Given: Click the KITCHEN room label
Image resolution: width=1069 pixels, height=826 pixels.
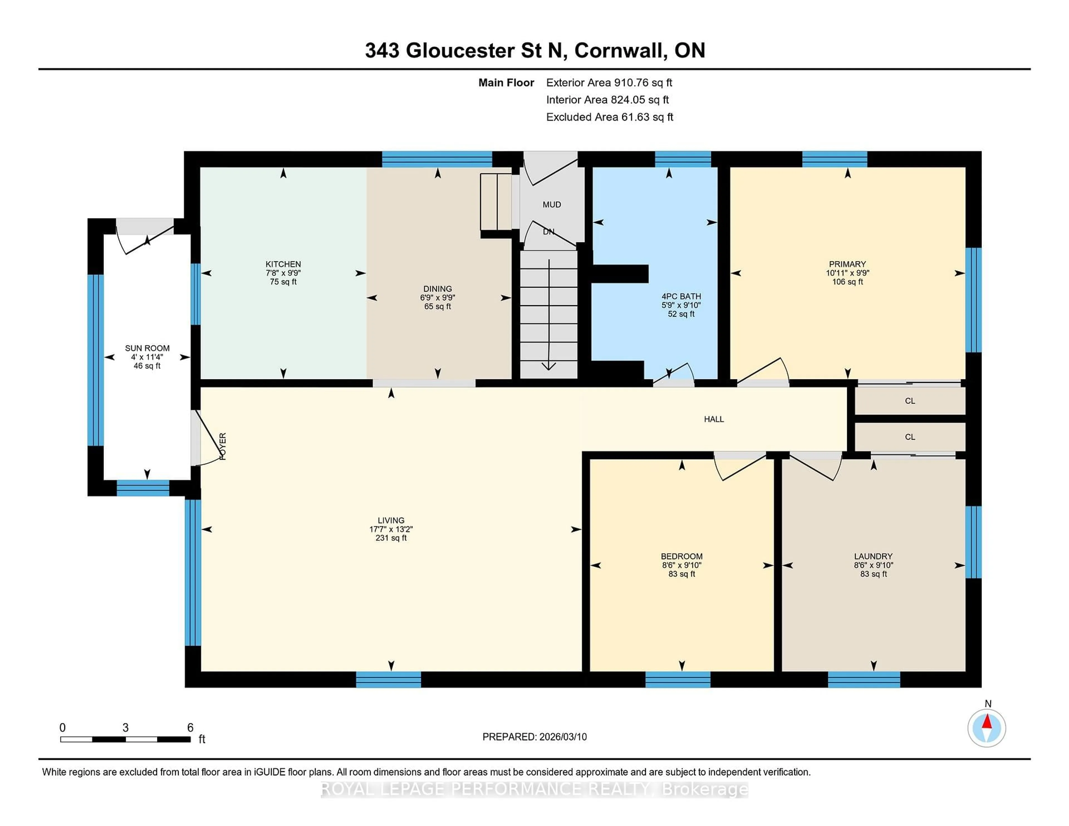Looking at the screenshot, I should coord(283,264).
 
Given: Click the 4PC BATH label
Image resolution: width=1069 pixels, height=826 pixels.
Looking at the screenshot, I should coord(681,296).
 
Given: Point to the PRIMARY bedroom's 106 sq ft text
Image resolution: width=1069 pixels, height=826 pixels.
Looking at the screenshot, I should coord(847,282).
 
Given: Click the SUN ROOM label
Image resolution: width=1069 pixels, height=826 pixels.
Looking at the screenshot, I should coord(147,348).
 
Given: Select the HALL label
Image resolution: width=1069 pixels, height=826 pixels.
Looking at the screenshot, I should coord(714,419).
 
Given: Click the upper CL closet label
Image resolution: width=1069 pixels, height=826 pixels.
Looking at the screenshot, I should coord(909,401).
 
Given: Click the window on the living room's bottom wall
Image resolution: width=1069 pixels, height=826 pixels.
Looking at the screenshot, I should coord(388,680).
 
